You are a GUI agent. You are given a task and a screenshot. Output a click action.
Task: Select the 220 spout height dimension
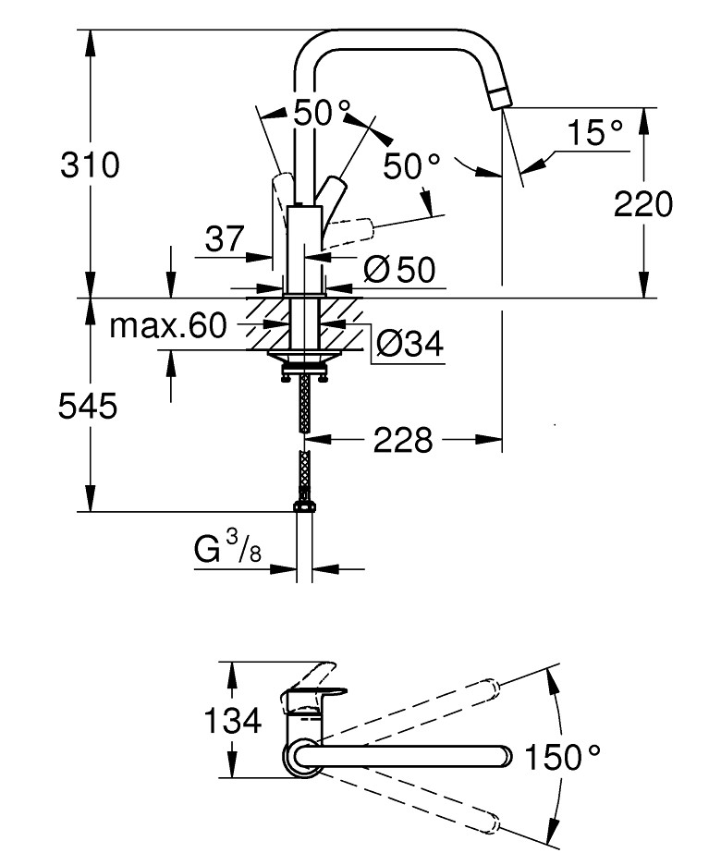644,205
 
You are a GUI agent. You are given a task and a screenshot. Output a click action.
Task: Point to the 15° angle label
593,133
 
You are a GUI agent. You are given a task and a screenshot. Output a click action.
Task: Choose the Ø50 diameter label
399,269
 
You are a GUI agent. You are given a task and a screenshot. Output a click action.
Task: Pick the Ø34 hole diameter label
409,345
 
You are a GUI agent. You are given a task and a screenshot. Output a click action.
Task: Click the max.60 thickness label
167,325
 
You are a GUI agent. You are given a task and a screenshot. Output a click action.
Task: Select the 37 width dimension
225,239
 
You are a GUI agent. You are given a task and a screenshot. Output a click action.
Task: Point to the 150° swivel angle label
563,758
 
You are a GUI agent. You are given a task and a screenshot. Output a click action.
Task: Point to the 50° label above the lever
323,114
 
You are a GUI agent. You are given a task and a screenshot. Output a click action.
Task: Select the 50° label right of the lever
412,166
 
